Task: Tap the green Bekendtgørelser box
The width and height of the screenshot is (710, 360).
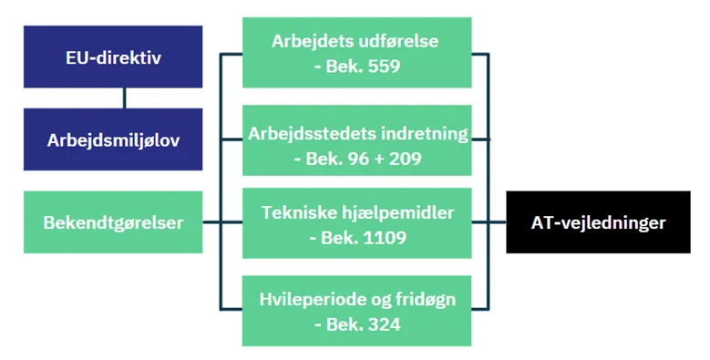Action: (x=112, y=221)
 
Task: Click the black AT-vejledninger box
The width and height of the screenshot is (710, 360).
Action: (x=598, y=221)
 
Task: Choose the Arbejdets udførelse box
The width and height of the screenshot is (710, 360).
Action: (x=356, y=53)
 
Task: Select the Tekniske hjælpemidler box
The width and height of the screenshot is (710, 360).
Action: (x=356, y=222)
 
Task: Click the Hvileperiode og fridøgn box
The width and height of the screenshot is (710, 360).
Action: (x=356, y=310)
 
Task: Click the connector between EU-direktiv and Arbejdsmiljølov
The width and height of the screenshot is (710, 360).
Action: (x=125, y=98)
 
